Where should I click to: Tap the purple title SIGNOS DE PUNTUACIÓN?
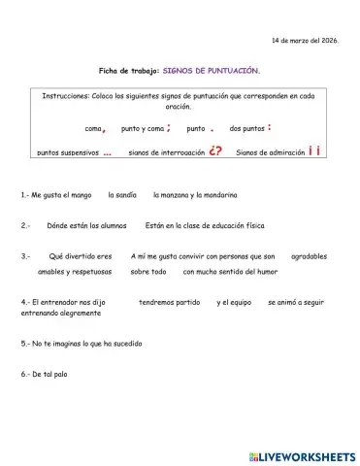(x=212, y=71)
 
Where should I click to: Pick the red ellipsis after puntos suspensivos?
(x=107, y=152)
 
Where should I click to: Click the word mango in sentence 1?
(x=80, y=195)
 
